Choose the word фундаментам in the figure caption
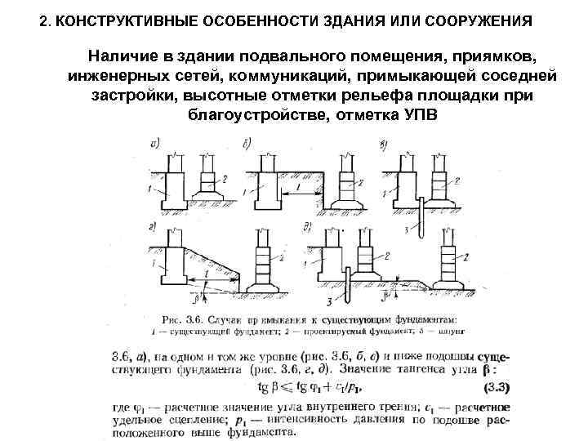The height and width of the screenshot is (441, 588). tap(417, 319)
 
